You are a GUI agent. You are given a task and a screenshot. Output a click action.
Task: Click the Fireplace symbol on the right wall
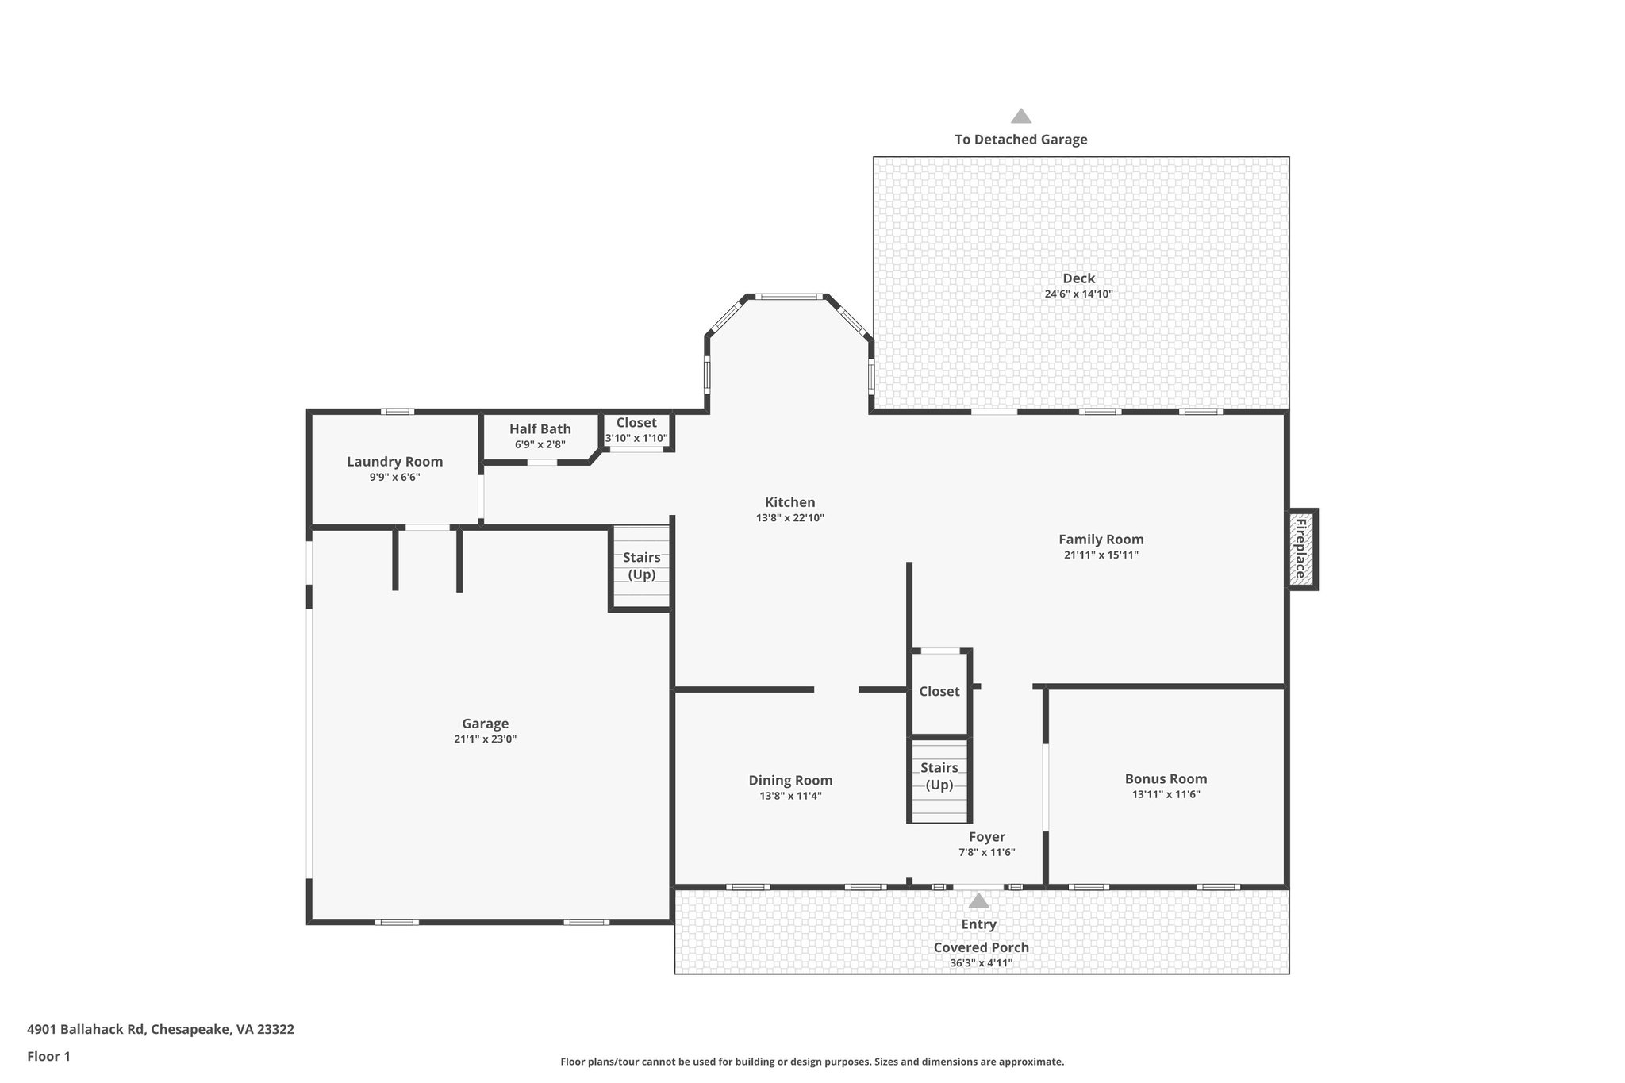[x=1301, y=549]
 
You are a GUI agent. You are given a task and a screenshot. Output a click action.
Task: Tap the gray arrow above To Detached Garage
[x=1020, y=117]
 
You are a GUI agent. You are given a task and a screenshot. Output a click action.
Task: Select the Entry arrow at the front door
[x=978, y=901]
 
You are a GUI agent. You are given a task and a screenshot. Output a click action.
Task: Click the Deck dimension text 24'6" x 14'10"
[x=1078, y=294]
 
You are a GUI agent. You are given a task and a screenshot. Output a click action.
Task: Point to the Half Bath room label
[x=540, y=429]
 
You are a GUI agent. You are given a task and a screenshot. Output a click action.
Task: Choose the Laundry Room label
[x=394, y=462]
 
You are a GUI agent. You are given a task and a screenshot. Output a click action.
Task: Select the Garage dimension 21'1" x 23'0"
[x=485, y=739]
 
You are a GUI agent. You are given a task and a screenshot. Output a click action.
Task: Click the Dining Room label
[x=790, y=780]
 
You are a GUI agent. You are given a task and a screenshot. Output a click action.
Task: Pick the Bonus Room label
[x=1166, y=778]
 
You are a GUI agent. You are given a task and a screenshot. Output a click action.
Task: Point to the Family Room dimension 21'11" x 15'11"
[x=1101, y=555]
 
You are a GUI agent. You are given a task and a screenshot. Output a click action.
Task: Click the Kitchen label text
[x=789, y=502]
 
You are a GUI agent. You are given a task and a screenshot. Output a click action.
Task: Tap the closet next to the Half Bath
[x=636, y=430]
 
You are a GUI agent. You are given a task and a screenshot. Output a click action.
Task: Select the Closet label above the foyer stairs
[x=939, y=691]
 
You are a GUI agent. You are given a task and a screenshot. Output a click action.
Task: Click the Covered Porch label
[x=981, y=947]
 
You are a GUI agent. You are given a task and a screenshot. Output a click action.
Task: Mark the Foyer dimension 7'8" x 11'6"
[x=986, y=852]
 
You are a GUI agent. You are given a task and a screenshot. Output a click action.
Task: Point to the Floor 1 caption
[x=48, y=1056]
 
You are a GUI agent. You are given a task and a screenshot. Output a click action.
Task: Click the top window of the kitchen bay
[x=789, y=297]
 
